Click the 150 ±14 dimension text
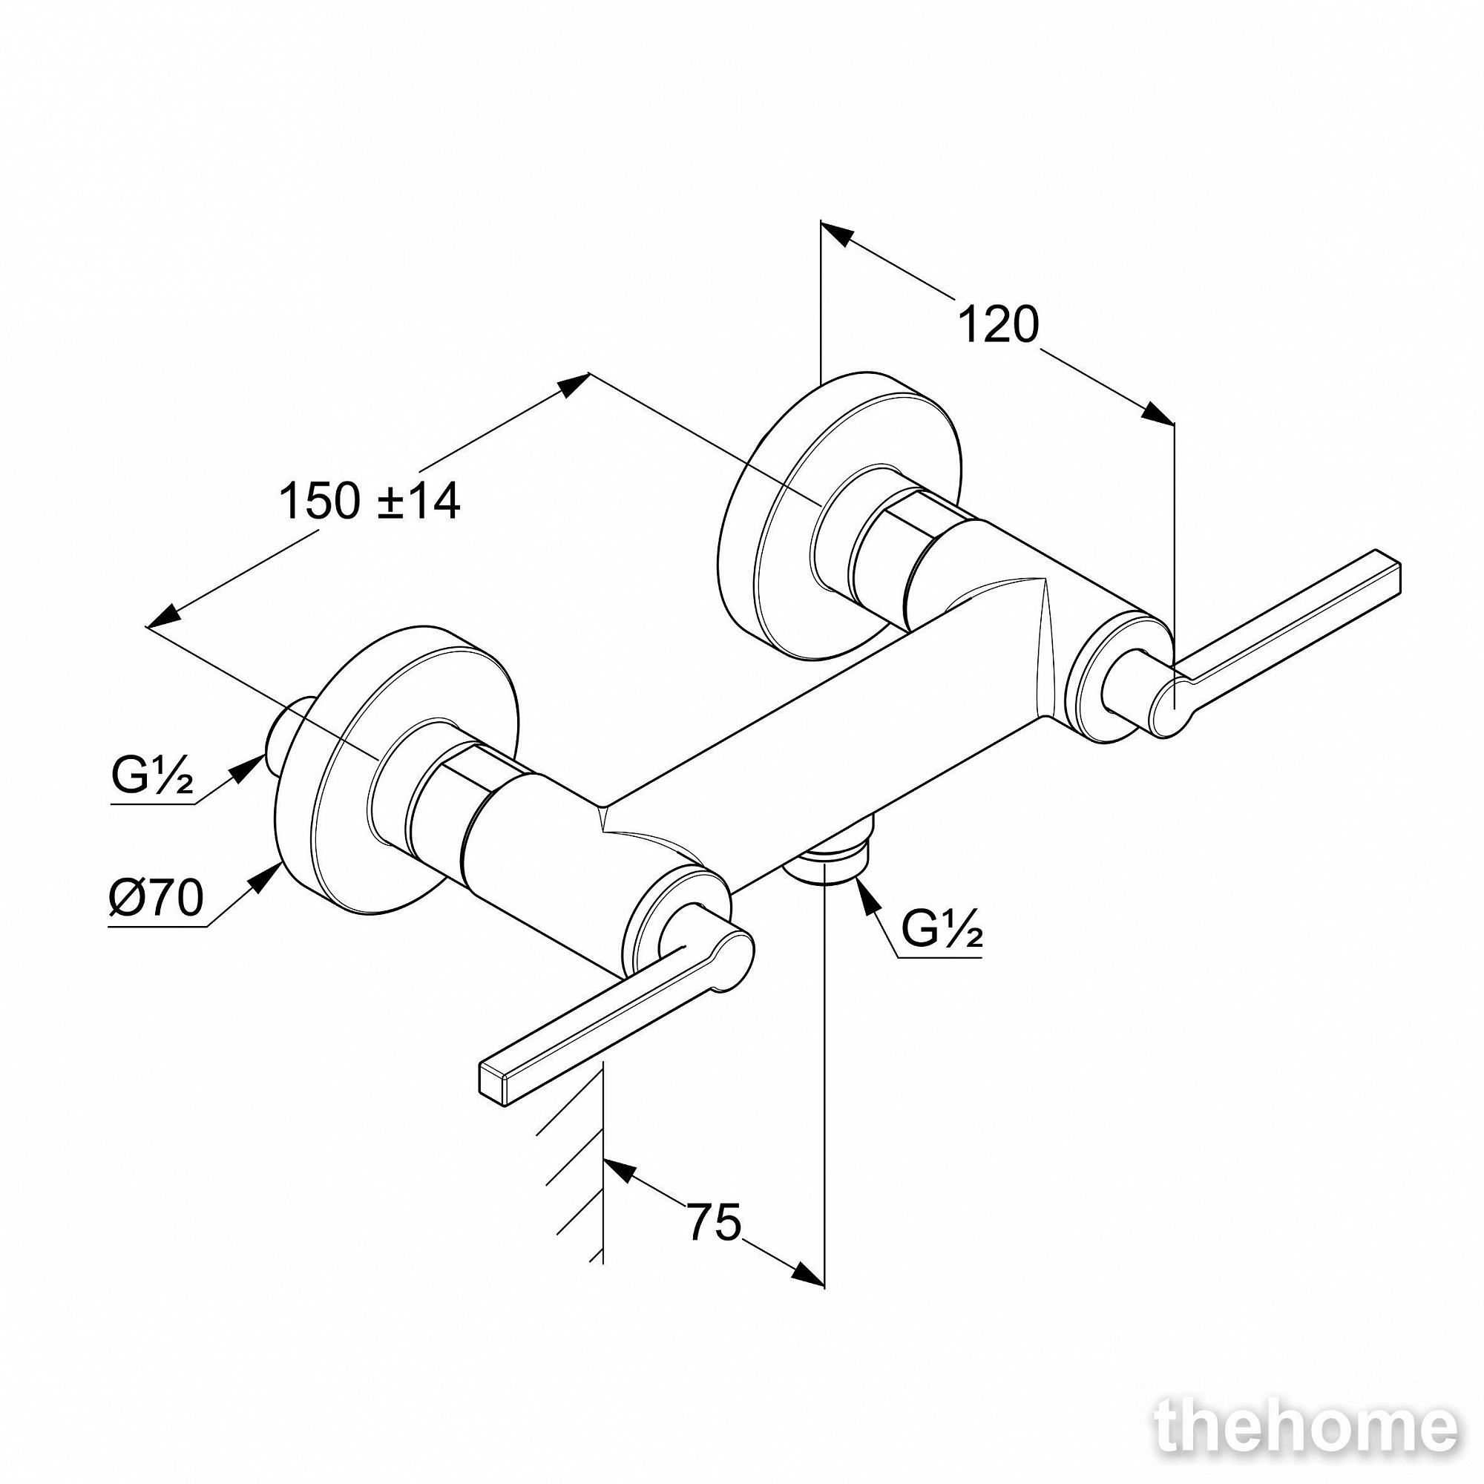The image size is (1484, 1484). (370, 501)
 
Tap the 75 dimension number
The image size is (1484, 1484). (715, 1221)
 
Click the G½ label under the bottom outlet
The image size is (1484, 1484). (942, 930)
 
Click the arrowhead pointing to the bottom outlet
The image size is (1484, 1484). (868, 896)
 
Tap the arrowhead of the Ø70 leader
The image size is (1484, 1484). (265, 876)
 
